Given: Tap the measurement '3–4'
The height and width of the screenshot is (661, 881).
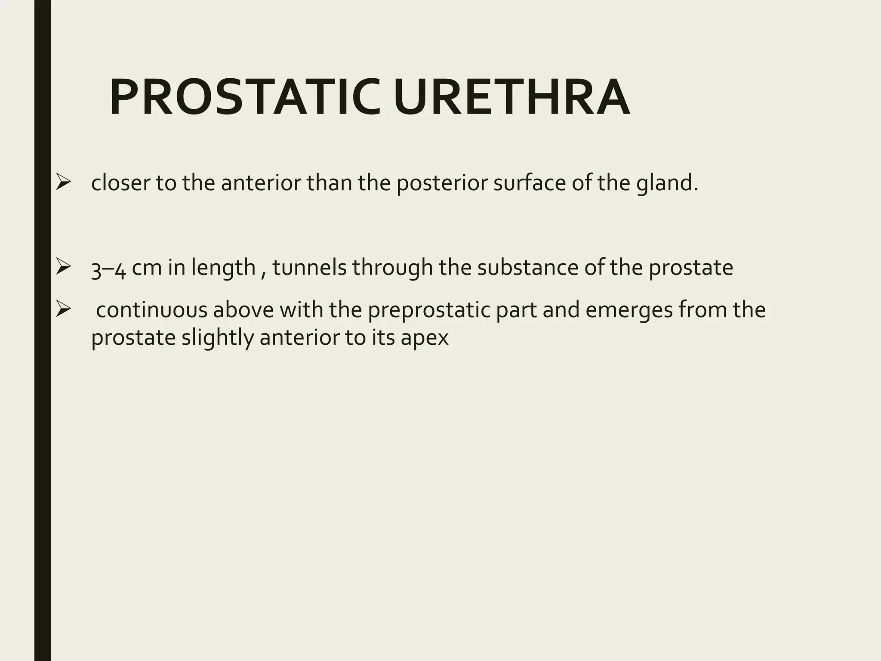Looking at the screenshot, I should [108, 268].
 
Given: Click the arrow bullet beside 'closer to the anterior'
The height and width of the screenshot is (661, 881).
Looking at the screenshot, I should [63, 182].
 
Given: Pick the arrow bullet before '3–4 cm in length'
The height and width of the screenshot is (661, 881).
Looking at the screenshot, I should [63, 267].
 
